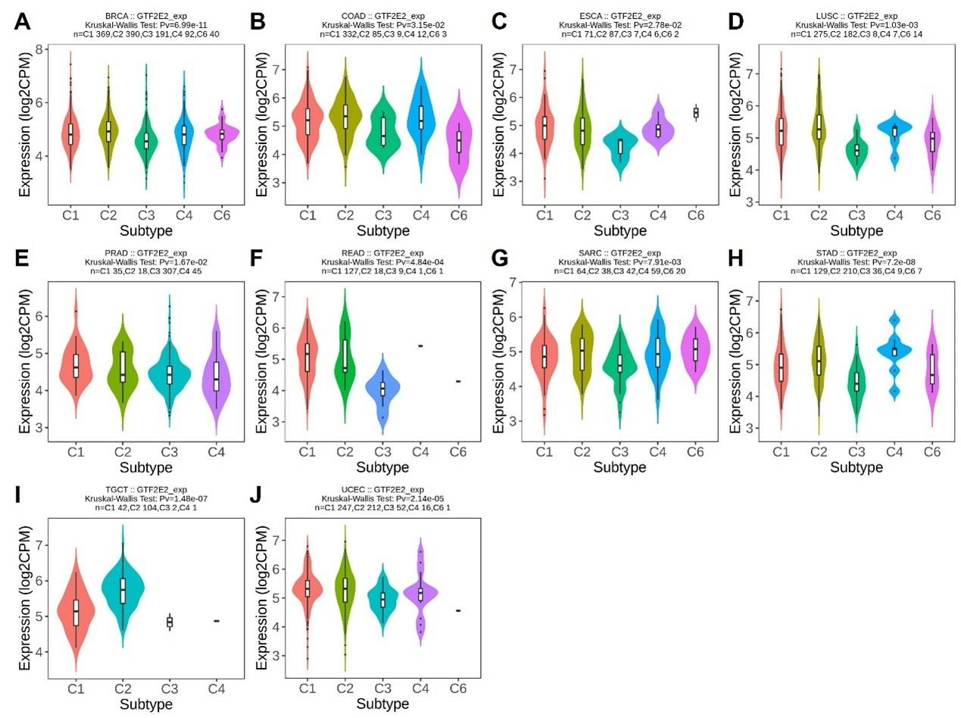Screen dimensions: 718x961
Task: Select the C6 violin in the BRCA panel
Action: click(223, 134)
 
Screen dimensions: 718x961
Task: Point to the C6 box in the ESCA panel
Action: click(695, 113)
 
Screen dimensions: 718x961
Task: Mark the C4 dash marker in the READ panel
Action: click(420, 345)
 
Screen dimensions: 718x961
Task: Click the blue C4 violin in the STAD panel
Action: click(894, 351)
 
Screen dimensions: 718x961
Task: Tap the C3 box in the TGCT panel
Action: click(170, 622)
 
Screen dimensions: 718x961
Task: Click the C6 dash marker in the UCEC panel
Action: click(458, 610)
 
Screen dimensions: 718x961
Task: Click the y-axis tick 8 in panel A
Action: click(40, 50)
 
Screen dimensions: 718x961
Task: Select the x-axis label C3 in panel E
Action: click(170, 452)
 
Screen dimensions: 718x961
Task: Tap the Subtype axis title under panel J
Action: click(382, 704)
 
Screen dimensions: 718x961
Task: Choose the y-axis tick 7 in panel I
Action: click(40, 545)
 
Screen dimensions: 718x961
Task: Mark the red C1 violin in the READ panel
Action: click(307, 362)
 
